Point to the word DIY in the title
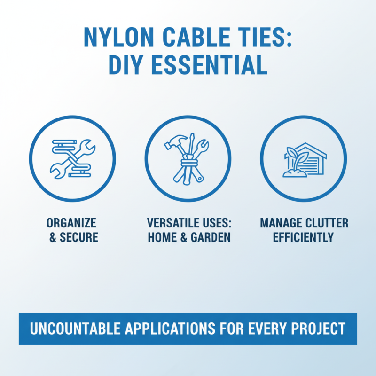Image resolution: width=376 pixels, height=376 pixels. [126, 65]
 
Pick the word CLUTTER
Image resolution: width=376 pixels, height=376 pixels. [327, 223]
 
